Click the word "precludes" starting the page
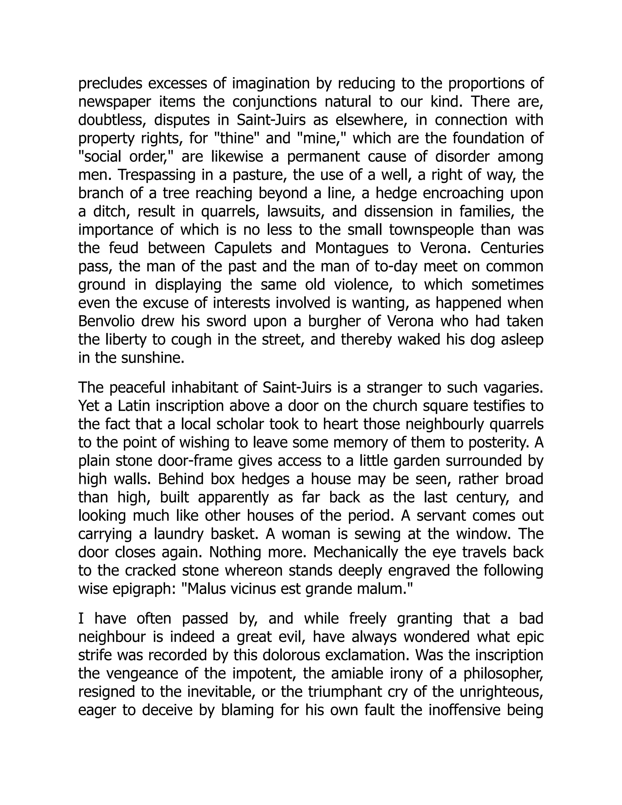tap(110, 84)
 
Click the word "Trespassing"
tap(157, 175)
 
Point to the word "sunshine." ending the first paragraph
tap(152, 358)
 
